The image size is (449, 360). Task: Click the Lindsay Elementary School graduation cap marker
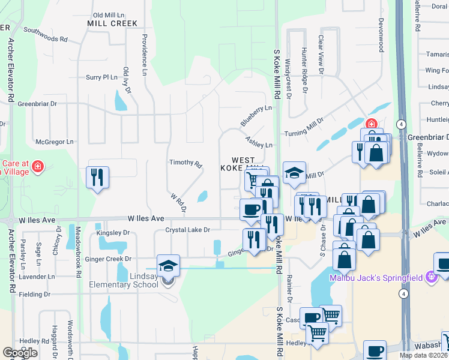[x=169, y=265]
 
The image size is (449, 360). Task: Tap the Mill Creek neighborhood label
[x=112, y=23]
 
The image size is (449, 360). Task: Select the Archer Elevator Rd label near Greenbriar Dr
[x=11, y=70]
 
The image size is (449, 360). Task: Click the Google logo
[x=20, y=353]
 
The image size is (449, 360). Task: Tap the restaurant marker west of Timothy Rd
[x=97, y=177]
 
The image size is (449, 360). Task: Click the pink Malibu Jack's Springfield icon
[x=430, y=277]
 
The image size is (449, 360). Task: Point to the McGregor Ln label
[x=54, y=142]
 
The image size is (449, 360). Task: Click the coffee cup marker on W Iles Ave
[x=250, y=209]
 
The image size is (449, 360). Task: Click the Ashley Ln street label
[x=259, y=142]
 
